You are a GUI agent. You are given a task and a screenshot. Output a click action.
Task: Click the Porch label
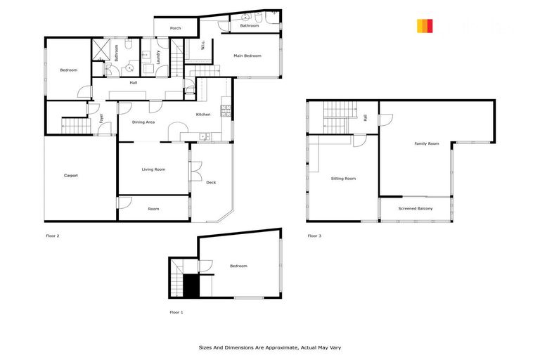(175, 28)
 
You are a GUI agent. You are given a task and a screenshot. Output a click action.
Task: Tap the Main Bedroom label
(247, 56)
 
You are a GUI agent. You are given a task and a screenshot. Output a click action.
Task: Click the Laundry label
(159, 56)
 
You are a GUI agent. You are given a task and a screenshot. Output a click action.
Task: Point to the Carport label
(70, 175)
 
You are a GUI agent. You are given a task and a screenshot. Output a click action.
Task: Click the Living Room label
(153, 169)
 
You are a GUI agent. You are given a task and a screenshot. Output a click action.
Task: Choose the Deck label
(211, 182)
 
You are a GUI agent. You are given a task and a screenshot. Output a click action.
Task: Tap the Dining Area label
(143, 122)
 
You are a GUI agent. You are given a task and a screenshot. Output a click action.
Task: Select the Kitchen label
(203, 115)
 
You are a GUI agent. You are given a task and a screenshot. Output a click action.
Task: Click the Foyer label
(101, 119)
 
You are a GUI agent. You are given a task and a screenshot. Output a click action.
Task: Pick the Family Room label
(426, 143)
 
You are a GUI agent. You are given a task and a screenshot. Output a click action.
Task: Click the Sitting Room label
(343, 179)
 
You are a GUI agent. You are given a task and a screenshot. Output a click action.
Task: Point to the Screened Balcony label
(416, 209)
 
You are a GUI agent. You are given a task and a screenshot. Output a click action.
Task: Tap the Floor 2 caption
(52, 236)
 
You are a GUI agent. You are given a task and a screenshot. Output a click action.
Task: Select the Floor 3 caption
(314, 236)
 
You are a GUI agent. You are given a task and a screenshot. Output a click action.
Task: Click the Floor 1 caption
(176, 311)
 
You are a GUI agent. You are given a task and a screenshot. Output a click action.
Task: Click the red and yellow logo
(425, 26)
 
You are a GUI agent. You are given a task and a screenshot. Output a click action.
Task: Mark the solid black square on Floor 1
(191, 285)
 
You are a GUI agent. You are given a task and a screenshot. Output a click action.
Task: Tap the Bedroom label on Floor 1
(238, 266)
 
